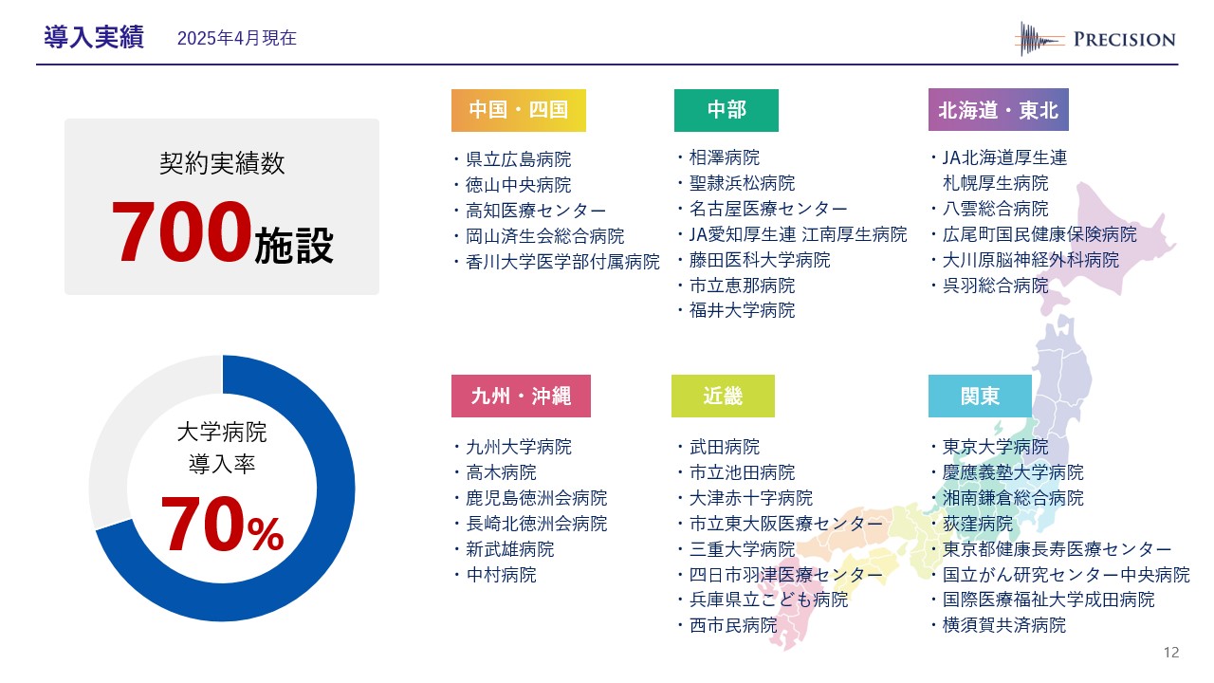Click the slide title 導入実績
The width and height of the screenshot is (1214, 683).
coord(94,37)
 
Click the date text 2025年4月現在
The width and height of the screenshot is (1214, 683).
coord(237,38)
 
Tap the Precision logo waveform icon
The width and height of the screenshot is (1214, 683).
coord(1039,39)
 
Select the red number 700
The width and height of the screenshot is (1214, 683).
coord(181,231)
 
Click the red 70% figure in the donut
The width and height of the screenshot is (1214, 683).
coord(222,525)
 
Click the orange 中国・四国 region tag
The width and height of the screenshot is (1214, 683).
coord(519,110)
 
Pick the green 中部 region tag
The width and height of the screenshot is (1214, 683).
coord(727,110)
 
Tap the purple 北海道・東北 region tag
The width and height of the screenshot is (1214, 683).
coord(999,109)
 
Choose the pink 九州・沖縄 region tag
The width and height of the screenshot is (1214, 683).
coord(521,396)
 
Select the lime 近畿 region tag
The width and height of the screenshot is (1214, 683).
coord(723,396)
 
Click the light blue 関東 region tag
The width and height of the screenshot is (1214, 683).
coord(980,396)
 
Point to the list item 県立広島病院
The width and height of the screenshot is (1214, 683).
coord(518,159)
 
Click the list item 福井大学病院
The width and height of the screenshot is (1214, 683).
coord(742,310)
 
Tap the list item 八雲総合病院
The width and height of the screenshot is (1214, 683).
coord(996,209)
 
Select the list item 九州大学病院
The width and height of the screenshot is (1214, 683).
coord(519,447)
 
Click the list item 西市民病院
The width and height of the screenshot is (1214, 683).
coord(733,625)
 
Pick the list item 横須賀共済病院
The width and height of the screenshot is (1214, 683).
coord(1004,625)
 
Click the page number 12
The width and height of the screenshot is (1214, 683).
coord(1171,652)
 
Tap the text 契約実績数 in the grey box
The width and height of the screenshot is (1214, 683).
coord(222,163)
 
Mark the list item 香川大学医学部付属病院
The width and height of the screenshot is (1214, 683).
coord(562,263)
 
